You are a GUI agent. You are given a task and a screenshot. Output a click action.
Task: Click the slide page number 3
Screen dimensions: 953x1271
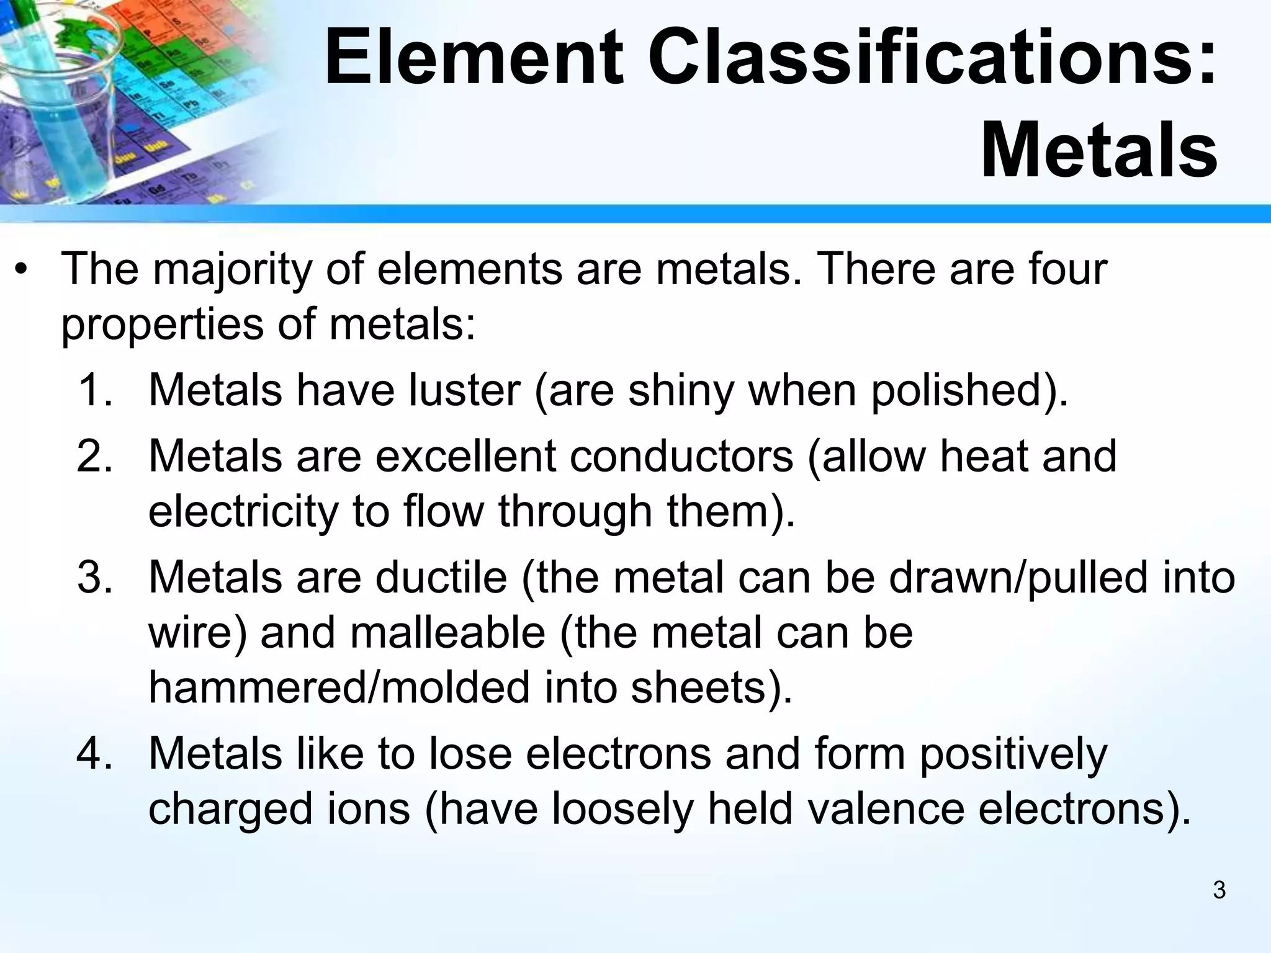tap(1219, 890)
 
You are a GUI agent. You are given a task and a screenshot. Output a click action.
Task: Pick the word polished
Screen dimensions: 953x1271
tap(962, 391)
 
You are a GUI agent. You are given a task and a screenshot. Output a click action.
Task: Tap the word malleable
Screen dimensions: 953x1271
tap(447, 633)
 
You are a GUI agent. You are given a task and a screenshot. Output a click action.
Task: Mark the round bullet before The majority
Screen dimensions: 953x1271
tap(22, 271)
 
